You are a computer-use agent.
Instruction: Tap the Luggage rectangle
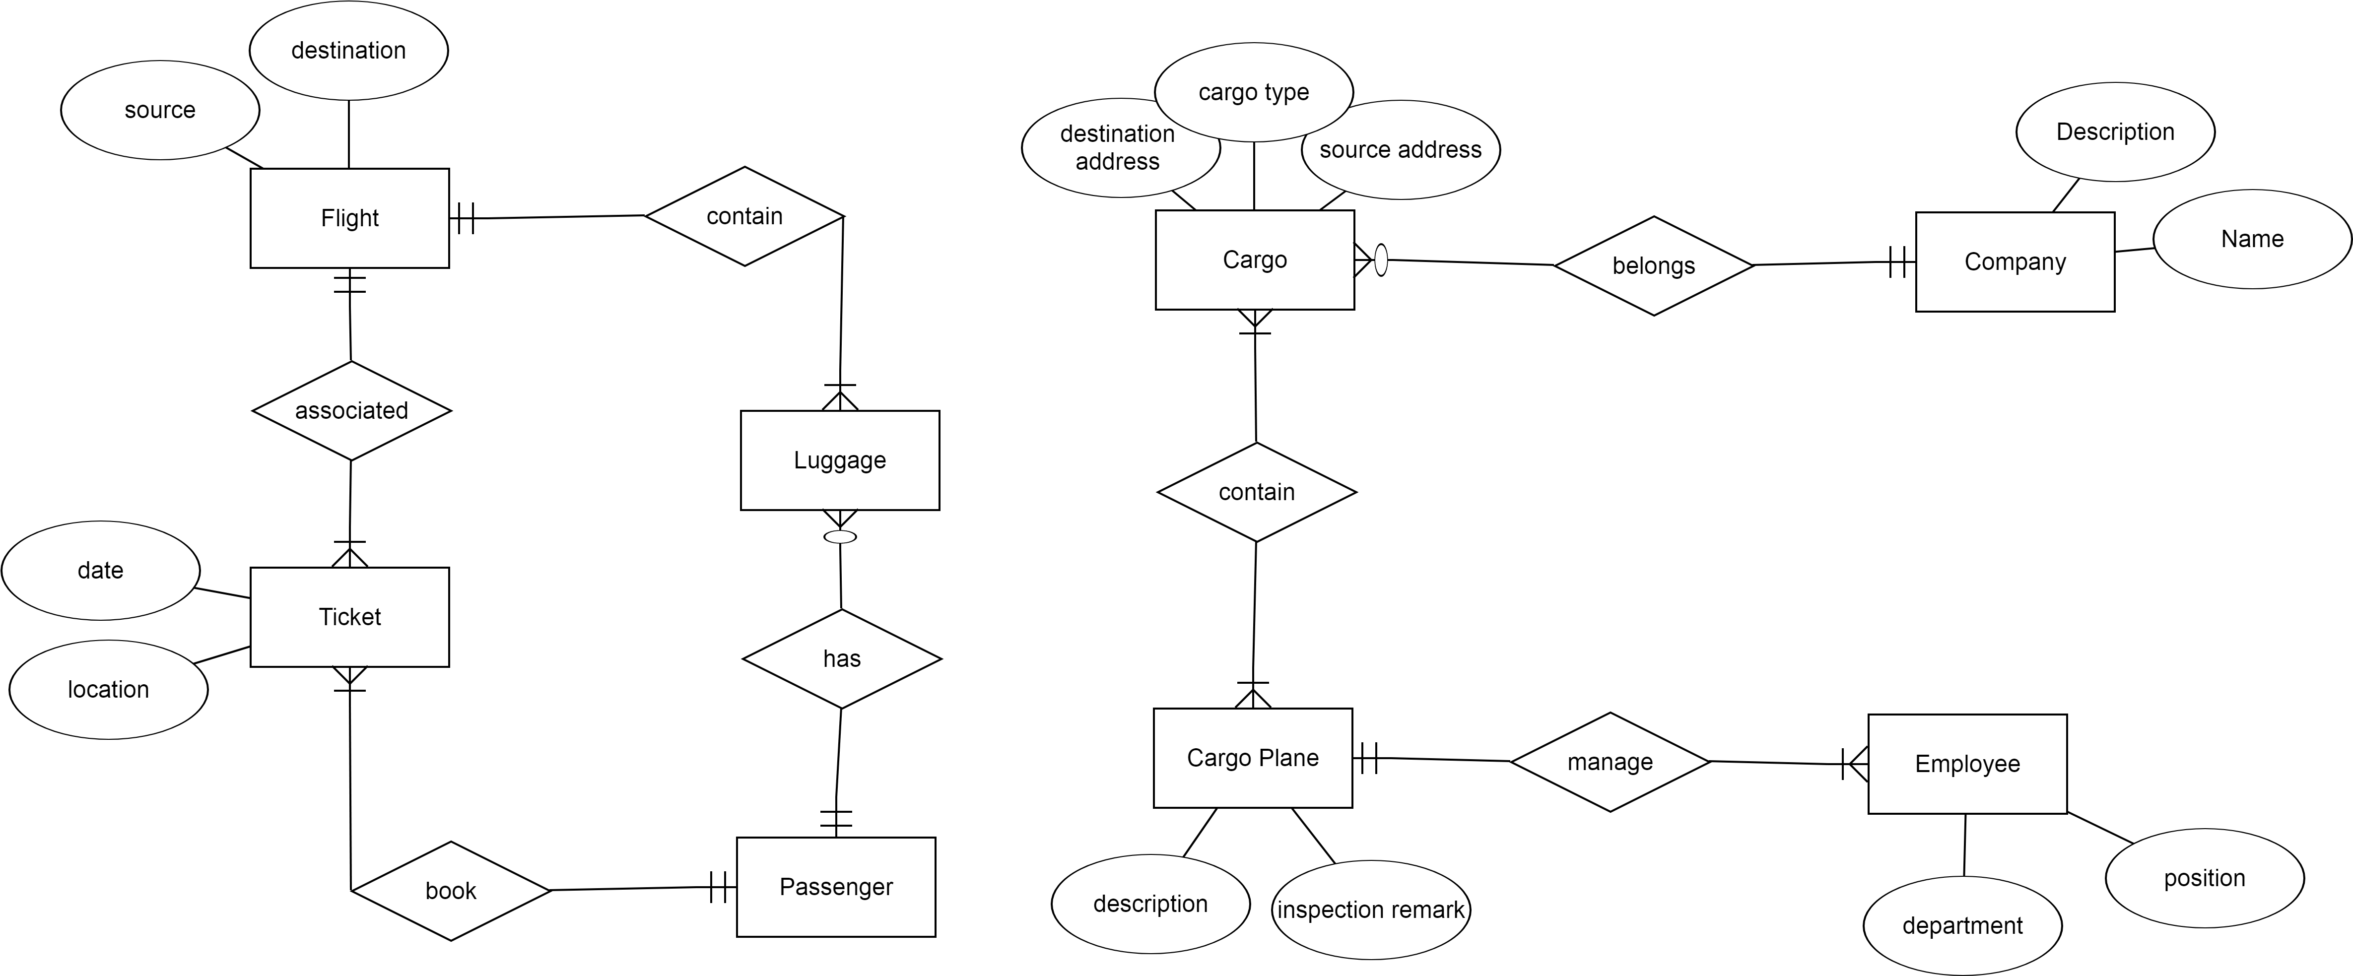pos(839,460)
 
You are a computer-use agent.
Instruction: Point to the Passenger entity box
pos(836,887)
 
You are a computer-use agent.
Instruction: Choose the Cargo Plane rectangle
pos(1252,758)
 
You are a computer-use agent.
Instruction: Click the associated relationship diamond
pos(352,411)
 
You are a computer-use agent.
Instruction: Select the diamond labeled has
pos(841,658)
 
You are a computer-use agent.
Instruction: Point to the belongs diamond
pos(1653,265)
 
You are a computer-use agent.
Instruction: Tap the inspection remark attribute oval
pos(1370,911)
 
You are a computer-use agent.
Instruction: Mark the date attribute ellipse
pos(100,571)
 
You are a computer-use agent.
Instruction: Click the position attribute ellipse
pos(2204,878)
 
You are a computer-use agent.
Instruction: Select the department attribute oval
pos(1962,926)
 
